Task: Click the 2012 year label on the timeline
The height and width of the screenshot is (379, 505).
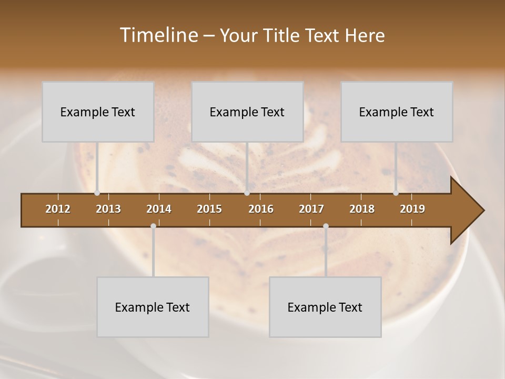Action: point(58,209)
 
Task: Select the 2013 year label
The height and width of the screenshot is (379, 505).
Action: point(108,209)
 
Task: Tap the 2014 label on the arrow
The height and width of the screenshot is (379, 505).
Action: point(159,209)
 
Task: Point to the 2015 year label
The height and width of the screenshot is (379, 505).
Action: point(209,209)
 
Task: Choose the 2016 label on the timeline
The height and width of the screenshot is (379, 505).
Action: point(261,209)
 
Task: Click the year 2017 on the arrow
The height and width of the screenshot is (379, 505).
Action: point(311,209)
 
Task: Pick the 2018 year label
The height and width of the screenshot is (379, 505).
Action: point(362,209)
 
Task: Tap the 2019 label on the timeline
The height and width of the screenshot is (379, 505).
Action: point(412,209)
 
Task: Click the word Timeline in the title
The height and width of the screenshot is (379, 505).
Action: point(158,35)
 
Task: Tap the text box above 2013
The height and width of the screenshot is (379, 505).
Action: point(98,112)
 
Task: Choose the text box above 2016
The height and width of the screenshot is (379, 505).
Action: point(247,112)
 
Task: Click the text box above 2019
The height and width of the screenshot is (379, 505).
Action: point(397,112)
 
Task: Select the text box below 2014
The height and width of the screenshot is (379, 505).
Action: point(153,307)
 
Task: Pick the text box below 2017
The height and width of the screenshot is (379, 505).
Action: point(325,307)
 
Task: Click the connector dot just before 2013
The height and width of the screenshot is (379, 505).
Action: point(97,193)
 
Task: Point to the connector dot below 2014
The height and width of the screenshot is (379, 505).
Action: point(153,226)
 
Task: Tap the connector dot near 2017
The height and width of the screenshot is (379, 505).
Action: point(326,226)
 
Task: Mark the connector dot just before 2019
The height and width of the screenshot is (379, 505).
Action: point(396,193)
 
